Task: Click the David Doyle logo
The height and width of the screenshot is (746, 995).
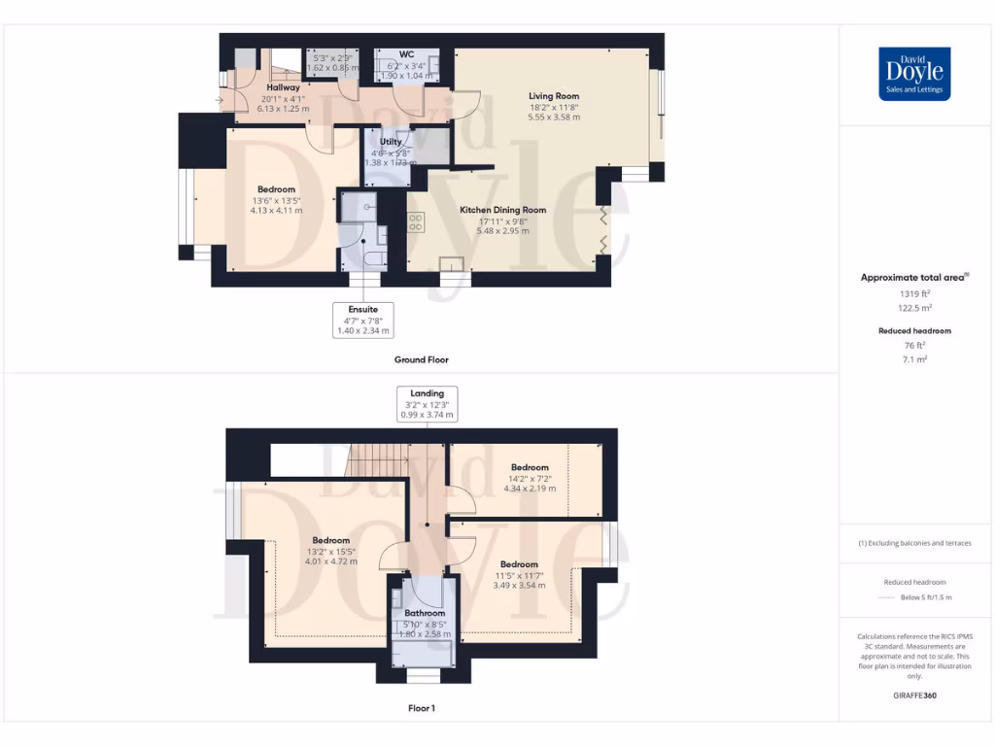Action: click(x=913, y=74)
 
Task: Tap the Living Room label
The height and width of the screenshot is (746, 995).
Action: click(x=554, y=96)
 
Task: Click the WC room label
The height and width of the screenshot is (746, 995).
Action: click(x=407, y=54)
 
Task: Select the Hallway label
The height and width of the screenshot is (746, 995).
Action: click(x=283, y=87)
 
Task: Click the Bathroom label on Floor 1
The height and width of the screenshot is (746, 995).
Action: click(x=425, y=613)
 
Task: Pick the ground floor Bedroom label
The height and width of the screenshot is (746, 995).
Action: click(x=277, y=189)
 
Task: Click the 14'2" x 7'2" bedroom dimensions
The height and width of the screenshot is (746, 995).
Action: click(x=530, y=478)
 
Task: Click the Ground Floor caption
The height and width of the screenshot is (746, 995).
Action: click(x=421, y=359)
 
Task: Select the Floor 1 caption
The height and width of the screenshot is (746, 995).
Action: click(x=421, y=708)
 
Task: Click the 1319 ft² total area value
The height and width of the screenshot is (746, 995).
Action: click(x=913, y=292)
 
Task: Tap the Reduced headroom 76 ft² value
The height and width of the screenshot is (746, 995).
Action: click(x=913, y=345)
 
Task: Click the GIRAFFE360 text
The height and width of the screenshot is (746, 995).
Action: click(x=913, y=695)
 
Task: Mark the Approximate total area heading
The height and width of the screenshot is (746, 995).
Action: click(x=913, y=278)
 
